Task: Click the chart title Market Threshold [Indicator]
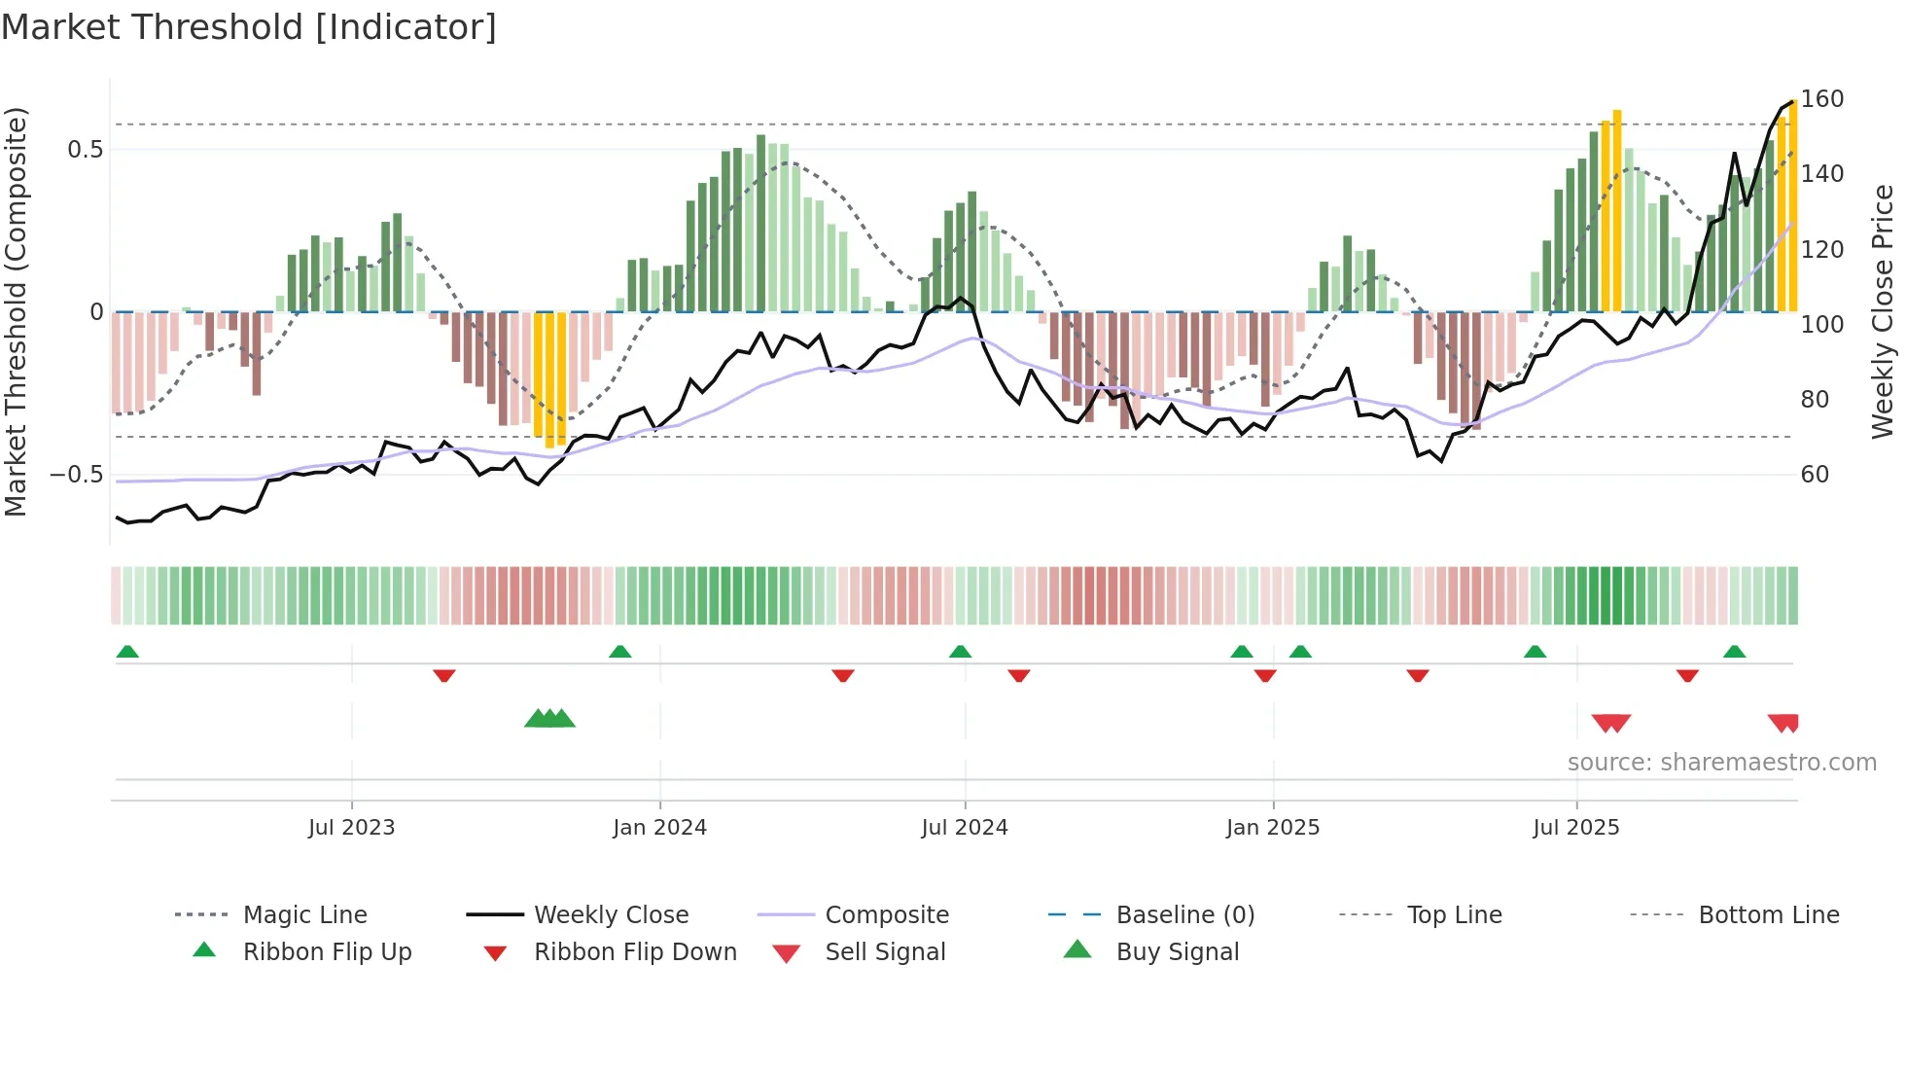tap(249, 27)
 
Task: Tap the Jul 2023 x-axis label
tap(351, 828)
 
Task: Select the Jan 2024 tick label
tap(659, 828)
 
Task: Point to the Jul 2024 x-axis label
tap(964, 828)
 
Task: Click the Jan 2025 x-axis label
tap(1272, 828)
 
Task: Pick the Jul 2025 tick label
tap(1575, 828)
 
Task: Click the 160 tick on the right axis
tap(1821, 99)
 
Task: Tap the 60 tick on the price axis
tap(1815, 475)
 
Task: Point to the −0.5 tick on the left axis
tap(77, 475)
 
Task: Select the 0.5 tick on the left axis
tap(85, 150)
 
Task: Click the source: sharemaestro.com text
tap(1721, 763)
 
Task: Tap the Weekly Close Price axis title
tap(1883, 311)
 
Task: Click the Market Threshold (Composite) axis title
tap(16, 311)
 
